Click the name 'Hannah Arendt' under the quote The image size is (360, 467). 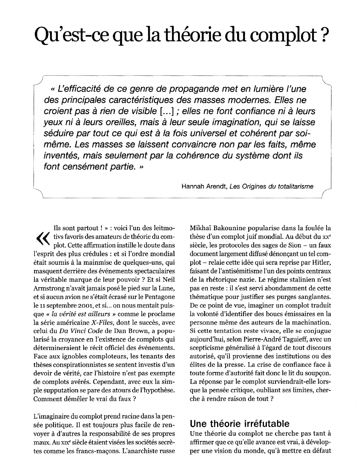204,186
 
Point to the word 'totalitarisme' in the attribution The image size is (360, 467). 295,186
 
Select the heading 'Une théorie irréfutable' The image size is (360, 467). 240,423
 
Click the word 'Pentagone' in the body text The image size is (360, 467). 161,297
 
